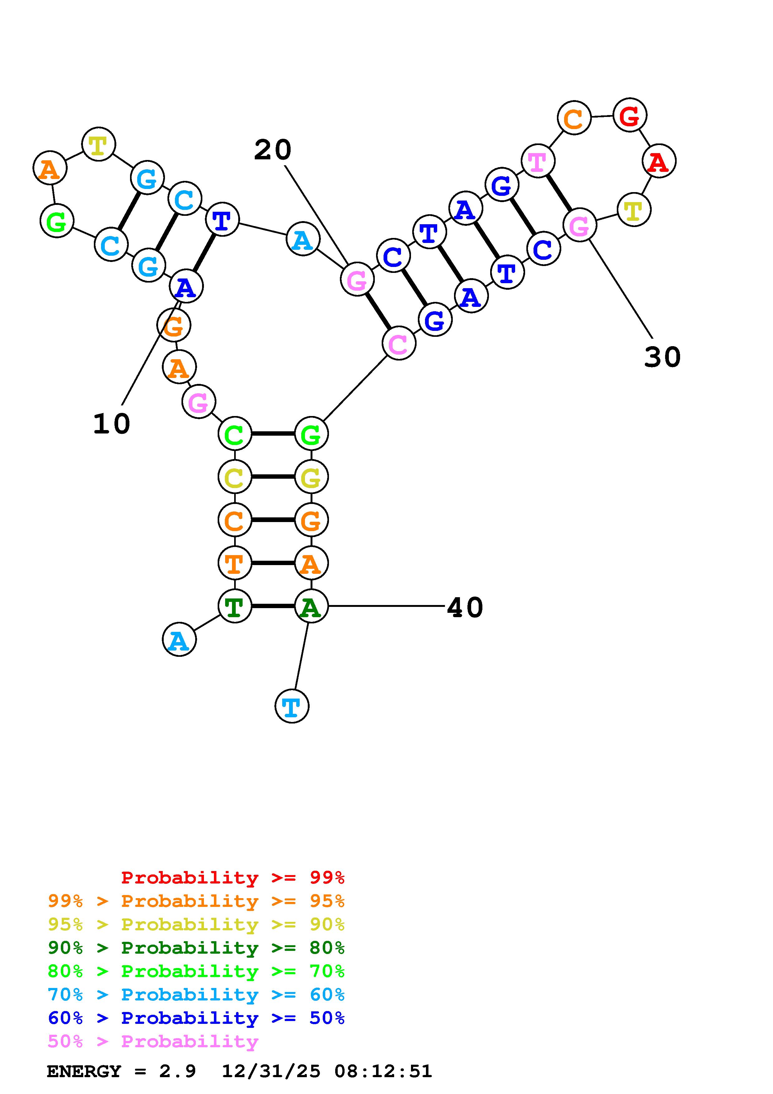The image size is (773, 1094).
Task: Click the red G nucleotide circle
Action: (629, 115)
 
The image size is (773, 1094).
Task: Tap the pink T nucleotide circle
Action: (538, 161)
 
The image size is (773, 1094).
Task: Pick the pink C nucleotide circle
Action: (399, 343)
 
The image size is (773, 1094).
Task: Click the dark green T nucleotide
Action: (234, 606)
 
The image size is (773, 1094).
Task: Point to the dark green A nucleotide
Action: (311, 606)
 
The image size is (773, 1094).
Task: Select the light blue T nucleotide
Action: (292, 706)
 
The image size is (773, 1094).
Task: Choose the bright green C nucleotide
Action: (234, 433)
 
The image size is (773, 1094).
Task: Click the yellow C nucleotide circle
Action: (234, 477)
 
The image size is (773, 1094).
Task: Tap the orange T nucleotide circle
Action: (234, 563)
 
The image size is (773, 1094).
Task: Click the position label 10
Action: (111, 424)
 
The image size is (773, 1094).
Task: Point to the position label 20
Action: (273, 150)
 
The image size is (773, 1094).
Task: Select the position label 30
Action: (662, 356)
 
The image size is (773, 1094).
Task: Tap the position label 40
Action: (465, 608)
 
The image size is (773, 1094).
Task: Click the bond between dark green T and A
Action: (273, 606)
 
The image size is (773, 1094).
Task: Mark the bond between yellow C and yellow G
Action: (273, 477)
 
